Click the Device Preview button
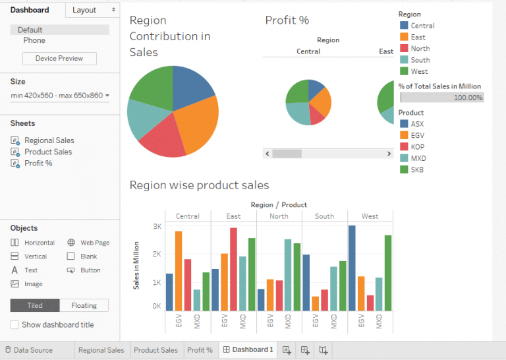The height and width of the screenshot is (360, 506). point(59,58)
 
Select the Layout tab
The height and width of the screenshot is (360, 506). point(84,10)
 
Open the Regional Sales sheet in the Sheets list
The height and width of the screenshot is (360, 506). point(49,140)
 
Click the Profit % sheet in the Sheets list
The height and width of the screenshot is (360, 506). point(38,163)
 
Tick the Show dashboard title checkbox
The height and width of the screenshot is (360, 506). point(14,324)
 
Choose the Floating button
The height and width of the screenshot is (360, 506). point(84,305)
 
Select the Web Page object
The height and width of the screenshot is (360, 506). point(94,243)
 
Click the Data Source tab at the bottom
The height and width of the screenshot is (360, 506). point(33,350)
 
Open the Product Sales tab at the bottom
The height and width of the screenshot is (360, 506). point(155,350)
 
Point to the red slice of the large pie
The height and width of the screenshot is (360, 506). point(163,138)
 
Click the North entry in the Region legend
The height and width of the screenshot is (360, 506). point(420,48)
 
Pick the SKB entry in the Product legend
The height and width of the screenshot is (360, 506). point(418,169)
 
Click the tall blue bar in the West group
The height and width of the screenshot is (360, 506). point(352,268)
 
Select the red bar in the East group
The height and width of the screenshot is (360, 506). point(233,269)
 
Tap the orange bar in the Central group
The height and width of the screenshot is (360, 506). point(179,270)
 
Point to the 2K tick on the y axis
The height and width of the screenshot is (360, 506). point(156,254)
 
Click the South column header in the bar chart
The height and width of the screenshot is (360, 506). point(324,216)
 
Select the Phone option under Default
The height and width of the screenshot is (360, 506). point(34,40)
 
